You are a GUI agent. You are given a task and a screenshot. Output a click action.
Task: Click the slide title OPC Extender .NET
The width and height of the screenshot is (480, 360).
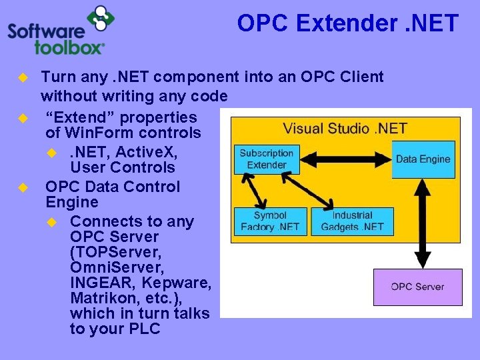tap(347, 24)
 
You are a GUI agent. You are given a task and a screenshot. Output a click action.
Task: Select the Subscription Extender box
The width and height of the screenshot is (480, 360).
tap(266, 159)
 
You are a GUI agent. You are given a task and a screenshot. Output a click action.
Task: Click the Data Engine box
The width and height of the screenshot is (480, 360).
tap(423, 159)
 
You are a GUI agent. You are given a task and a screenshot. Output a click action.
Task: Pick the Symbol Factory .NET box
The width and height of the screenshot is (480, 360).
tap(270, 221)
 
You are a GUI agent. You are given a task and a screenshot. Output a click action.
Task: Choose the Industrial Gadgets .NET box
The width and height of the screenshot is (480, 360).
tap(352, 221)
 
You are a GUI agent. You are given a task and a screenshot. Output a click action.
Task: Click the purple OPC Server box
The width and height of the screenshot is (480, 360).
tap(417, 287)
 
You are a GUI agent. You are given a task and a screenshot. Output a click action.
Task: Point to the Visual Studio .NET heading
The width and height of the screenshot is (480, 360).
tap(345, 128)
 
